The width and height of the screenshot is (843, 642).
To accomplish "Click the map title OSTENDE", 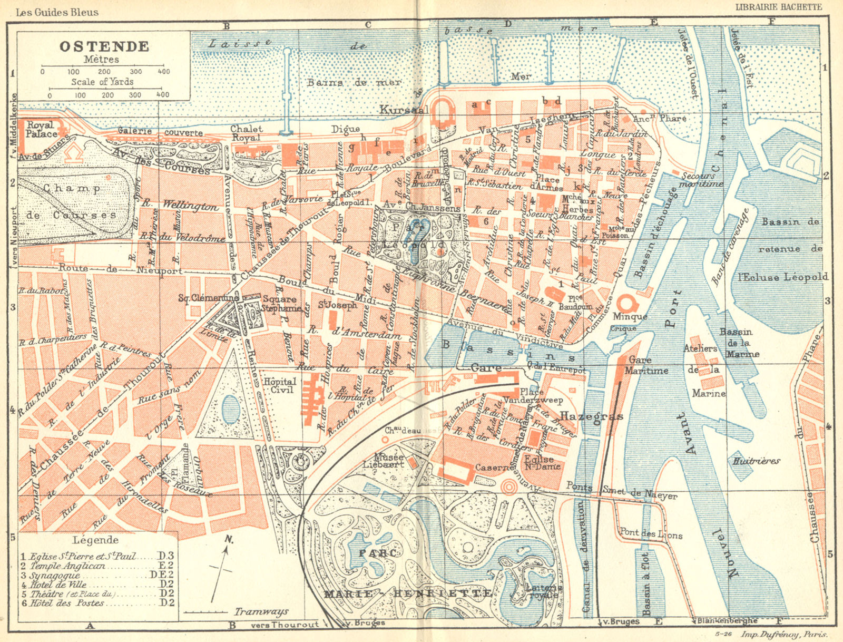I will coord(104,46).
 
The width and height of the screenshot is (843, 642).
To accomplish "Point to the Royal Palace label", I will coord(41,130).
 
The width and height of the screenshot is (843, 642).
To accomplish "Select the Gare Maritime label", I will coord(646,365).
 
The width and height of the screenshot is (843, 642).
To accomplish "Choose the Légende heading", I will coord(95,540).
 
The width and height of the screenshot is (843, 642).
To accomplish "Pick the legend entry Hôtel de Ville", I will coord(57,585).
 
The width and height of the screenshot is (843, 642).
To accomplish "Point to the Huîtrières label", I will coord(756,461).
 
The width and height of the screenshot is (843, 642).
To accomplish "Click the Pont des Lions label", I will coord(651,533).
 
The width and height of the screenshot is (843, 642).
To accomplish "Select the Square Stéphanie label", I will coord(280,304).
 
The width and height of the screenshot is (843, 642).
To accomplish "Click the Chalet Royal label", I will coord(246,133).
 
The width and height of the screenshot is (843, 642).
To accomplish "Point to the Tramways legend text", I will coord(261,611).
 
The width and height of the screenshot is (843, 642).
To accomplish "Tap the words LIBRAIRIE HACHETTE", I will coord(778,7).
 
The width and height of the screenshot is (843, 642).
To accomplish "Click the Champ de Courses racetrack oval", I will coord(74,202).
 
